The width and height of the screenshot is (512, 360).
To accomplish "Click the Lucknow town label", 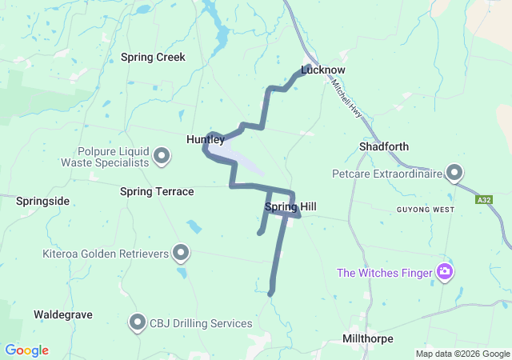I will pyautogui.click(x=322, y=70).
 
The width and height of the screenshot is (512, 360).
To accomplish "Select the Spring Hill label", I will pyautogui.click(x=290, y=207).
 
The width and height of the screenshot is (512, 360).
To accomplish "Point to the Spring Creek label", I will pyautogui.click(x=153, y=58).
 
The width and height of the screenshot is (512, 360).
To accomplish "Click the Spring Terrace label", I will pyautogui.click(x=157, y=192).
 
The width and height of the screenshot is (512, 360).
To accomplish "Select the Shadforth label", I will pyautogui.click(x=384, y=147).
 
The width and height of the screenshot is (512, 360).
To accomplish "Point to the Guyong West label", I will pyautogui.click(x=425, y=210).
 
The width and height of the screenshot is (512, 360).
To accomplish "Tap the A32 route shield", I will pyautogui.click(x=483, y=199).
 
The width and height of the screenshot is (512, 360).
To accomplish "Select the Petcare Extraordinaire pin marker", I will pyautogui.click(x=455, y=172).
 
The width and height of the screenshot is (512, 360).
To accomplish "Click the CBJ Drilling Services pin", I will pyautogui.click(x=138, y=323).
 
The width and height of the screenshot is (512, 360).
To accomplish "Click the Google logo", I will pyautogui.click(x=26, y=350).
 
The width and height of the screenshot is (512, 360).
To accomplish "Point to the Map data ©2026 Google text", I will pyautogui.click(x=462, y=354).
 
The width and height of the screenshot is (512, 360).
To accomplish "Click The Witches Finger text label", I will pyautogui.click(x=384, y=273).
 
